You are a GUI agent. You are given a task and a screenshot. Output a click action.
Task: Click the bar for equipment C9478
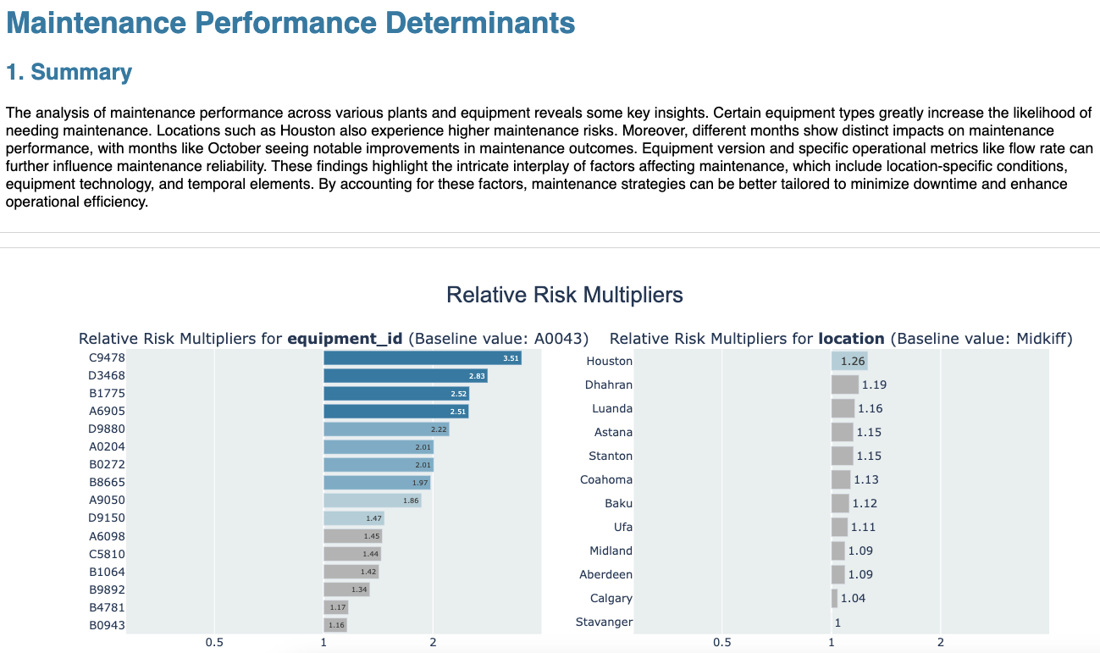(422, 358)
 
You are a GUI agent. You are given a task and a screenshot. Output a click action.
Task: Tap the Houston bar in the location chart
(848, 362)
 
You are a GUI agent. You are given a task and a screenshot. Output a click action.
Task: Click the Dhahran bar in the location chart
(844, 385)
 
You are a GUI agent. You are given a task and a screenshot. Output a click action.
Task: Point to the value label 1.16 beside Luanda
(870, 409)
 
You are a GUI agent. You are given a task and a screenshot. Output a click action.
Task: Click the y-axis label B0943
(107, 626)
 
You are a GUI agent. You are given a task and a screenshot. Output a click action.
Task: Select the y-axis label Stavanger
(604, 623)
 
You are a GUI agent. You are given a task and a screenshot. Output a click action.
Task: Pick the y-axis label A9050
(107, 501)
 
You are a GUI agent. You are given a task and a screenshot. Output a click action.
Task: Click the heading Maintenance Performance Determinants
(290, 23)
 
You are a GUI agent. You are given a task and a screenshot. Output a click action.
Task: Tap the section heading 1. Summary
(69, 73)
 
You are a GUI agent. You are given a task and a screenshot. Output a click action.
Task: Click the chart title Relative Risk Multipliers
(564, 296)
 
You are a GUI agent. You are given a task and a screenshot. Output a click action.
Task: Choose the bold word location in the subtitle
(851, 339)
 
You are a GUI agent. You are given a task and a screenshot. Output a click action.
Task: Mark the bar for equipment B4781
(335, 607)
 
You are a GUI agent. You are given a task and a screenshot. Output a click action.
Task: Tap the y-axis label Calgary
(611, 599)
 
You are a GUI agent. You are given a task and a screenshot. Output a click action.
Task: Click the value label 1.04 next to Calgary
(853, 599)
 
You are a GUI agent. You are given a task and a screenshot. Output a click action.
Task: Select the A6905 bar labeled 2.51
(395, 412)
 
